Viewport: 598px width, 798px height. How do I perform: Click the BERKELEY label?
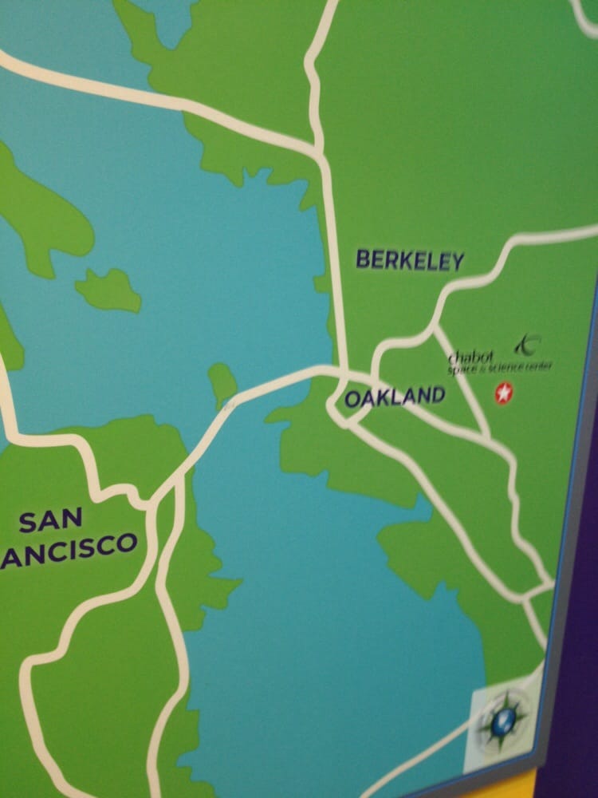[x=409, y=260]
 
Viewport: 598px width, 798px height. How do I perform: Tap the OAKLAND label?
[x=395, y=397]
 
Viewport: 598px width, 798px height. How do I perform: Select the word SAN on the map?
[x=49, y=520]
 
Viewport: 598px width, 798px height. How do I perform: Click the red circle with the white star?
[x=503, y=393]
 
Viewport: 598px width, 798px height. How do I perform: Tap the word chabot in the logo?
[x=471, y=356]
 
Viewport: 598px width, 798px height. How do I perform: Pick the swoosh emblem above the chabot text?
[x=527, y=344]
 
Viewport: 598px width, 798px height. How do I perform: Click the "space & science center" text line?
[x=500, y=367]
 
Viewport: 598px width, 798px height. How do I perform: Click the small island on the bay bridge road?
[x=222, y=385]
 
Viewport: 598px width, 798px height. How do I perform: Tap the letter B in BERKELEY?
[x=363, y=259]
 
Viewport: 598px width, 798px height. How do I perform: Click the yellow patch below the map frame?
[x=510, y=786]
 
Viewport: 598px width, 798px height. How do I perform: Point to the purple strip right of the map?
[x=578, y=638]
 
